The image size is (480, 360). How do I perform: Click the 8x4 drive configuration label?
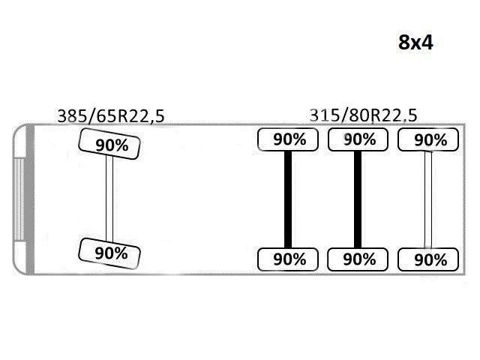click(415, 42)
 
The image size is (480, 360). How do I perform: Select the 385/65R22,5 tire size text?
click(111, 116)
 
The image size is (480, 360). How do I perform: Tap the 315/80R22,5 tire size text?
click(363, 115)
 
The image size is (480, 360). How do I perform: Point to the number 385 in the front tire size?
click(72, 116)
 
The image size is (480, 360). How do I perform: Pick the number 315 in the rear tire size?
click(324, 115)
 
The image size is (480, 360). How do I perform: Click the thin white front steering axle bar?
click(109, 199)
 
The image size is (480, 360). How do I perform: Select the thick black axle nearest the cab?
click(288, 199)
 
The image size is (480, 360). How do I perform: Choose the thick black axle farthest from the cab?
click(358, 199)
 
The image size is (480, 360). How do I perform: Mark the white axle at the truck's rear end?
click(428, 199)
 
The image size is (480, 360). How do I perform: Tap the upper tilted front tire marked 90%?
click(109, 144)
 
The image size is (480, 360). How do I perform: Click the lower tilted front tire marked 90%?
click(109, 253)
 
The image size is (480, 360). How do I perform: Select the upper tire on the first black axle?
click(288, 139)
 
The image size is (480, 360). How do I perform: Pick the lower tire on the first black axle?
click(288, 259)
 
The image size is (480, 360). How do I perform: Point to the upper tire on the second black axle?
click(358, 139)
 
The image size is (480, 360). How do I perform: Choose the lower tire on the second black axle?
click(358, 259)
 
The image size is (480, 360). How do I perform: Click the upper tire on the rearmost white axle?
click(428, 139)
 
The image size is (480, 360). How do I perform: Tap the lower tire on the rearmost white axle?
click(428, 259)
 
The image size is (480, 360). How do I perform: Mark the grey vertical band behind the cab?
click(30, 199)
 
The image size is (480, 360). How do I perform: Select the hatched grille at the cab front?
click(18, 199)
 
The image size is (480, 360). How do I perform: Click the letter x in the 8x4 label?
click(415, 45)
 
